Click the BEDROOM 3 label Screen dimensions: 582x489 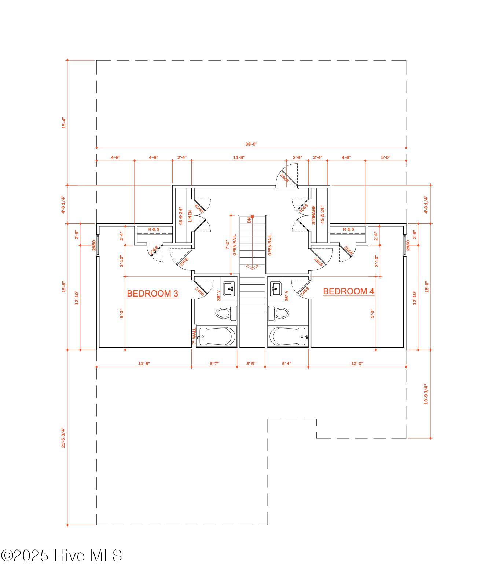click(x=152, y=294)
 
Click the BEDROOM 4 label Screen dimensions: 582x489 click(x=348, y=291)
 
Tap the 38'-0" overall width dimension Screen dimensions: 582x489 click(x=251, y=144)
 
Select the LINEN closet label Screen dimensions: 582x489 click(x=190, y=216)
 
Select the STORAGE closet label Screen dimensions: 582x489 click(x=313, y=215)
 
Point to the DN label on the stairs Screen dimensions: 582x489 click(x=249, y=220)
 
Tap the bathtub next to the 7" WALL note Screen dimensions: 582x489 click(x=216, y=336)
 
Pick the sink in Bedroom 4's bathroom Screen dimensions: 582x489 click(x=276, y=288)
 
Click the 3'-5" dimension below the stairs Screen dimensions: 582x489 click(x=251, y=364)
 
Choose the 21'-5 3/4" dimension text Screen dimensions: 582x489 click(x=63, y=437)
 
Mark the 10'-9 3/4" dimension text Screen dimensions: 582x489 click(x=426, y=394)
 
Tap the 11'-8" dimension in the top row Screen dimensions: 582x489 click(x=239, y=157)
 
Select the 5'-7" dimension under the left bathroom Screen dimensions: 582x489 click(x=214, y=364)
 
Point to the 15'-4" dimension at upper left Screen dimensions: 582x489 click(x=63, y=123)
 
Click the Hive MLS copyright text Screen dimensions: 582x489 click(x=61, y=556)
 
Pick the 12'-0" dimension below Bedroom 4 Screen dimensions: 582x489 click(x=357, y=364)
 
